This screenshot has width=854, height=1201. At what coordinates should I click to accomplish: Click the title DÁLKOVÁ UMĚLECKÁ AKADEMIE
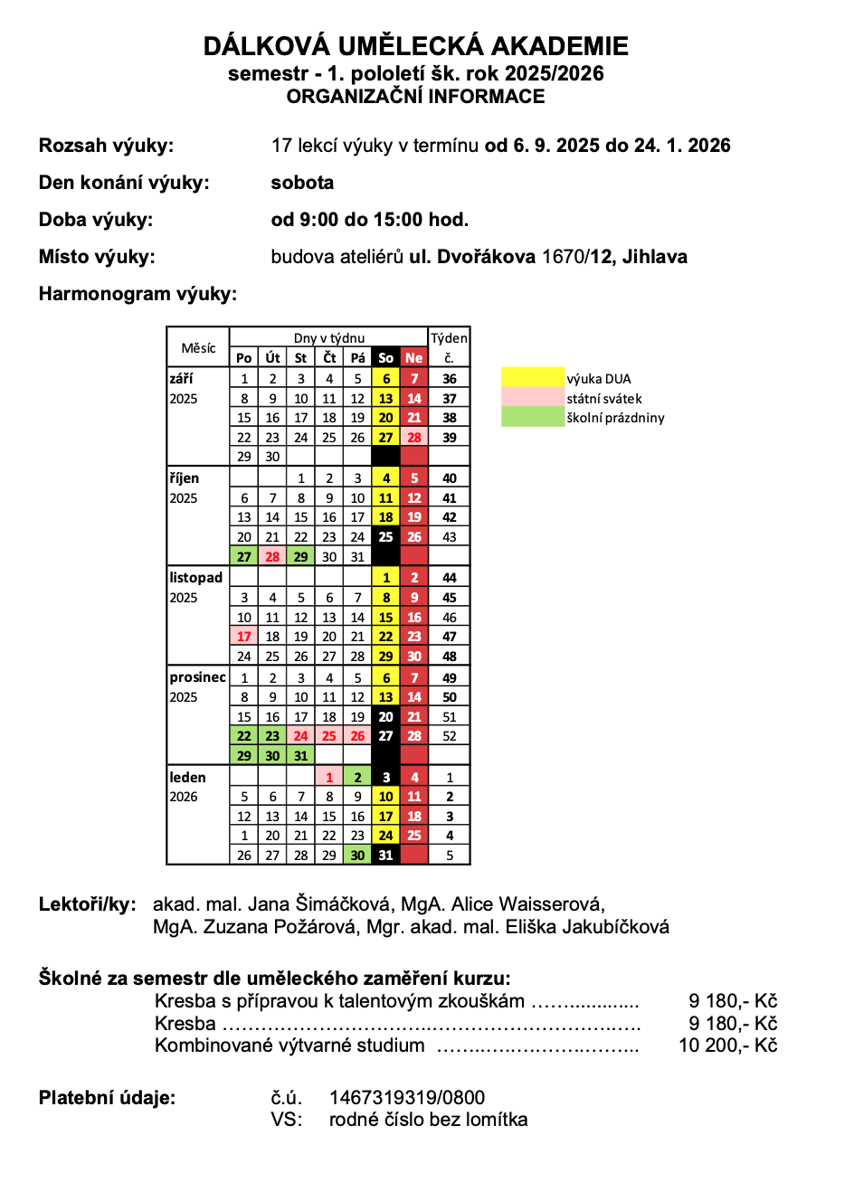pyautogui.click(x=415, y=46)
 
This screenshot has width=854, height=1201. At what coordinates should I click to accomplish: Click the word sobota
pyautogui.click(x=302, y=183)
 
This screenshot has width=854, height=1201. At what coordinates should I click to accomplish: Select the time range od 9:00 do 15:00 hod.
pyautogui.click(x=369, y=220)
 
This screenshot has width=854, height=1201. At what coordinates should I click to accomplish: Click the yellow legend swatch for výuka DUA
pyautogui.click(x=533, y=378)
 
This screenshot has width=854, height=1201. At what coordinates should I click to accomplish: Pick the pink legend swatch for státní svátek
pyautogui.click(x=533, y=398)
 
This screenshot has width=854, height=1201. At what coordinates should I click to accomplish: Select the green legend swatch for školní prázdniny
pyautogui.click(x=533, y=418)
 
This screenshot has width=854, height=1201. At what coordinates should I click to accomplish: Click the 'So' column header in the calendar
pyautogui.click(x=385, y=358)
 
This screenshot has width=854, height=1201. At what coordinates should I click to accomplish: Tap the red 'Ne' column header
pyautogui.click(x=413, y=358)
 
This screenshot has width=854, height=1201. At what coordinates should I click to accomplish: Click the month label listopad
pyautogui.click(x=195, y=578)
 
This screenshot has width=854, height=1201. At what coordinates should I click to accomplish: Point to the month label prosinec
pyautogui.click(x=197, y=677)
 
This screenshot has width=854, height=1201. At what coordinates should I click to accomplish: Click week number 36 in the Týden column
pyautogui.click(x=449, y=379)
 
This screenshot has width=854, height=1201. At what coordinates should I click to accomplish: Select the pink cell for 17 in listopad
pyautogui.click(x=244, y=637)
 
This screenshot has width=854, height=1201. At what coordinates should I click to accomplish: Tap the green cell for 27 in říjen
pyautogui.click(x=244, y=557)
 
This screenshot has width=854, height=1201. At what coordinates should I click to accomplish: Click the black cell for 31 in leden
pyautogui.click(x=385, y=856)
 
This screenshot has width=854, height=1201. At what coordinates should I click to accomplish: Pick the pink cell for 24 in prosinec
pyautogui.click(x=301, y=736)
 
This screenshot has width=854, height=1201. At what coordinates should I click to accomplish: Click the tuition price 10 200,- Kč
pyautogui.click(x=727, y=1045)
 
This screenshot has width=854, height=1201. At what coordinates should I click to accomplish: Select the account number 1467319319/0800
pyautogui.click(x=407, y=1098)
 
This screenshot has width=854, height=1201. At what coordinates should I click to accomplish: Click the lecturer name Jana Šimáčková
pyautogui.click(x=319, y=904)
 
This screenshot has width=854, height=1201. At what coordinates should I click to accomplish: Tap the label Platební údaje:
pyautogui.click(x=107, y=1098)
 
